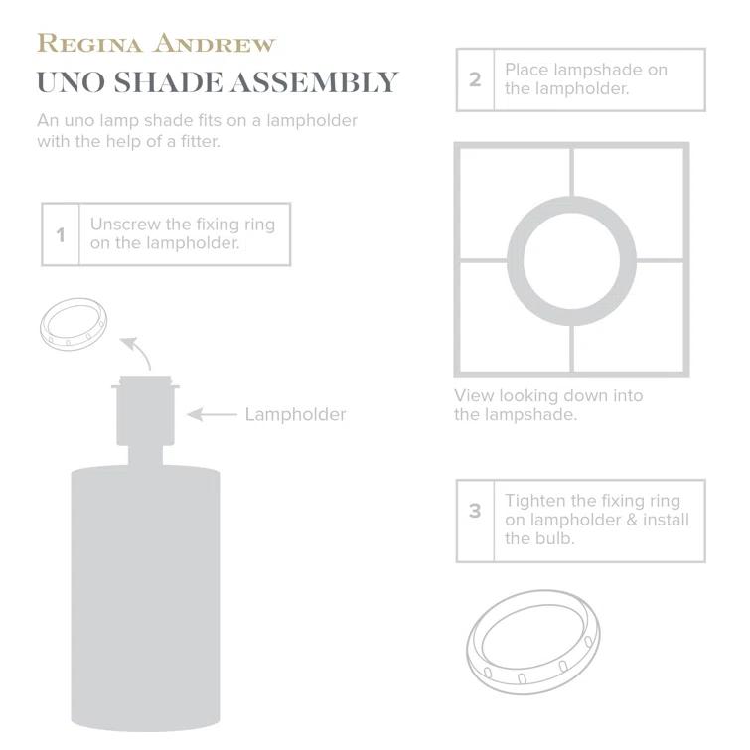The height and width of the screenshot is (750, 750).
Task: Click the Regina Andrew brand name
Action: [156, 44]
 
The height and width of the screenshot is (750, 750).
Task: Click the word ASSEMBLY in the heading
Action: [315, 82]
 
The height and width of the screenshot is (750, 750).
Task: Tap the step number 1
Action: [61, 234]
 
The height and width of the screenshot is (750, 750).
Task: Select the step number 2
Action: [475, 79]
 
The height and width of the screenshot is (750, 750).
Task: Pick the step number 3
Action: [475, 511]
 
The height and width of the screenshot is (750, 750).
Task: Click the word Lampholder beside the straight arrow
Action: [295, 414]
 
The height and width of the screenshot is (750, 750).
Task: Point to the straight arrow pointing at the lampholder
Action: [212, 414]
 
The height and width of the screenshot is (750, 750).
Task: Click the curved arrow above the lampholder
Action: [138, 352]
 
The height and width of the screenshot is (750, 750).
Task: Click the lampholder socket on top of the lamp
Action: [145, 411]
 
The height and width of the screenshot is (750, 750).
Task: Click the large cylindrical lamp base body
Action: [145, 598]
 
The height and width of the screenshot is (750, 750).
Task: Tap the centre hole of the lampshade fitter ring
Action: [571, 260]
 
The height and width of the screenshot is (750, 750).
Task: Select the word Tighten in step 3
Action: [535, 501]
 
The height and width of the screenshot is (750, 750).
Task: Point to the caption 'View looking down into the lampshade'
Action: [548, 405]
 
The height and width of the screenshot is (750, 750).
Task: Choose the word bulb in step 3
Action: [556, 538]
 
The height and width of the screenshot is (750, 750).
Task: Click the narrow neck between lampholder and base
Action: [145, 455]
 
